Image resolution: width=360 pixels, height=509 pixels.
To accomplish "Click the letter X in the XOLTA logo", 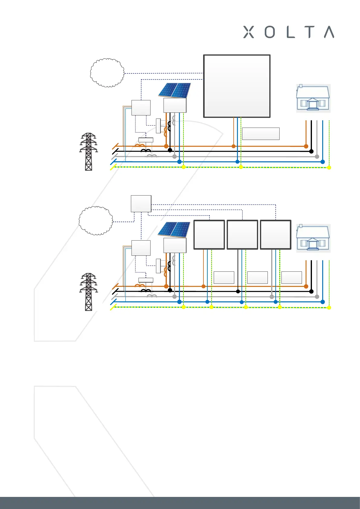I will (248, 32).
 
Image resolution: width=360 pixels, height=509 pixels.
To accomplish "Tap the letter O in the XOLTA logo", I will (270, 32).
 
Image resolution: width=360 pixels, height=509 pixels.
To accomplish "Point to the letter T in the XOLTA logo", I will (310, 32).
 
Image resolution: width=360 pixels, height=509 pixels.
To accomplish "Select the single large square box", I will (237, 86).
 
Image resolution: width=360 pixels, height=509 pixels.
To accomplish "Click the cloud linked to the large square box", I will (107, 73).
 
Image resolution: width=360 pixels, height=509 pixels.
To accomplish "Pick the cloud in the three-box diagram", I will (96, 221).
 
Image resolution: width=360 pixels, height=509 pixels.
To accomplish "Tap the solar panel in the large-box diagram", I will (175, 90).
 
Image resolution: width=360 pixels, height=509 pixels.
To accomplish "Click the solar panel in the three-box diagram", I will (174, 230).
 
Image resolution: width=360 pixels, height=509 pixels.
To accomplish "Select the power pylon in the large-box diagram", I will (88, 152).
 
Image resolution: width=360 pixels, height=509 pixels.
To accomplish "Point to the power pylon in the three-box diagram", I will (88, 292).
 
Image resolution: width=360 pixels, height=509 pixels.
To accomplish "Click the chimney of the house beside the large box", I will (301, 86).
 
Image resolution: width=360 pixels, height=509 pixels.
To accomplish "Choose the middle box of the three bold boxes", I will (242, 235).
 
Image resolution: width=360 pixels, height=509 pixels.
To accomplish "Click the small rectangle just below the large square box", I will (261, 134).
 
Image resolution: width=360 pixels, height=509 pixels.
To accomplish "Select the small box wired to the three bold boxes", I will (141, 204).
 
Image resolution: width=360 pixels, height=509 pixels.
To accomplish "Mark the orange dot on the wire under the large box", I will (233, 146).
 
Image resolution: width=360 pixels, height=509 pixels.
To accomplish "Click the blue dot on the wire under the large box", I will (237, 162).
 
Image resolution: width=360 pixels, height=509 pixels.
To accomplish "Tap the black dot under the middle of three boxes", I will (238, 291).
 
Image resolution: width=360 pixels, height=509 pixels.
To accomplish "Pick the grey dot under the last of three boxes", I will (272, 297).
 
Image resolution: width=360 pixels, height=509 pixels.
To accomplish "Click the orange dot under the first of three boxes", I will (203, 286).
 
